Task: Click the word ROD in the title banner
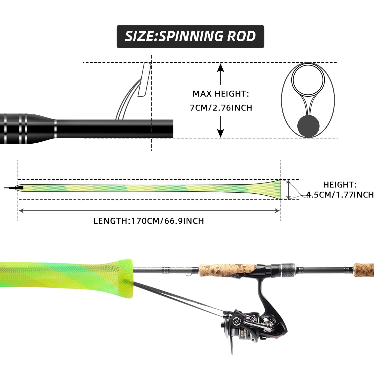point(241,36)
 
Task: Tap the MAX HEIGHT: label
point(221,94)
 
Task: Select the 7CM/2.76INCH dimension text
point(221,108)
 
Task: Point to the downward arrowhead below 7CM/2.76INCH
point(220,134)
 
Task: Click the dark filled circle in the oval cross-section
point(308,126)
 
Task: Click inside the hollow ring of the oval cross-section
point(308,79)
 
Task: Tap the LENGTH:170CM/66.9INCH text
point(149,221)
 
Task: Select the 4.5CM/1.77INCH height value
point(340,195)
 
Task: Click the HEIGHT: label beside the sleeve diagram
point(340,185)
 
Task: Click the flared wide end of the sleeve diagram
point(274,189)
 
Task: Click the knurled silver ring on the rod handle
point(288,268)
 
